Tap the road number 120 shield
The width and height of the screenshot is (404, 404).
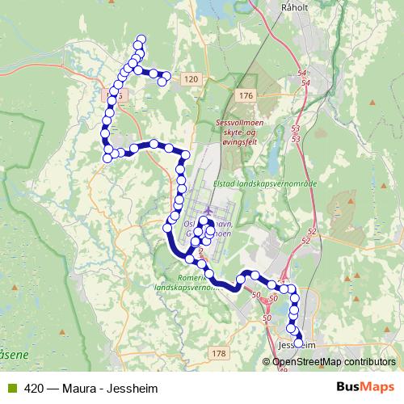pyautogui.click(x=190, y=78)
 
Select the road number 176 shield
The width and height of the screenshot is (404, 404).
pyautogui.click(x=246, y=96)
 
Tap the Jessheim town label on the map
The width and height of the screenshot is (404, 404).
pyautogui.click(x=296, y=345)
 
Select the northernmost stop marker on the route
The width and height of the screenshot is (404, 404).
pyautogui.click(x=142, y=39)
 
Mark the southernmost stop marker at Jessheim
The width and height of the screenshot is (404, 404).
pyautogui.click(x=299, y=343)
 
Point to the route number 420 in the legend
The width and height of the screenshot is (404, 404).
pyautogui.click(x=34, y=386)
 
